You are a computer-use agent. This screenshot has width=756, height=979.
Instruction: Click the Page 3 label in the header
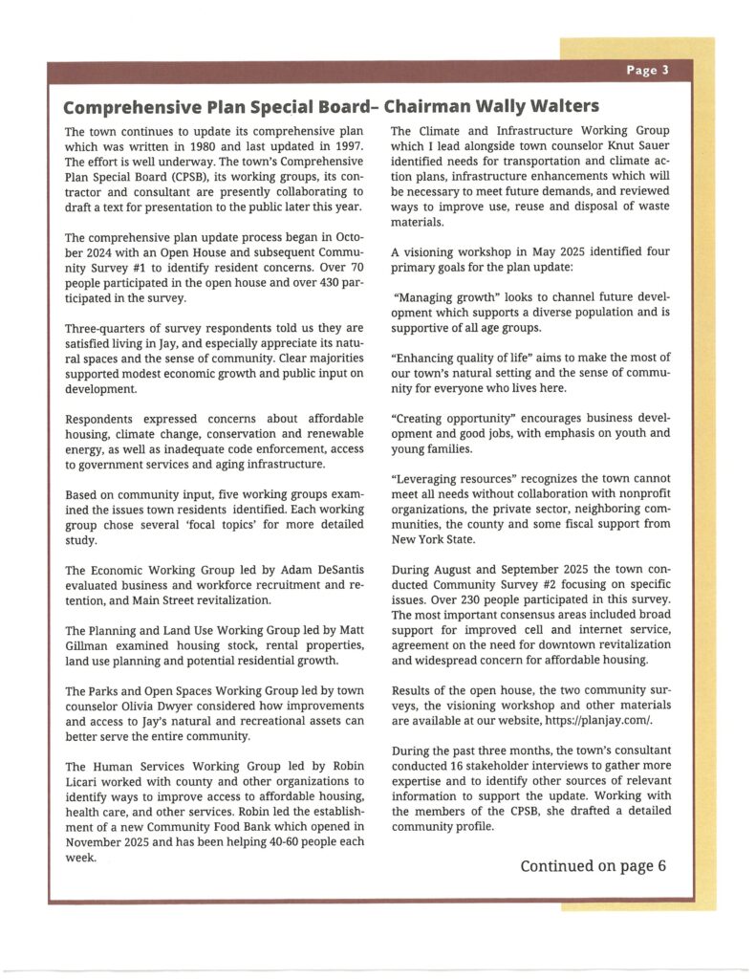pos(647,71)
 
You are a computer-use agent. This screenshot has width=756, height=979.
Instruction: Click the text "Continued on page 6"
pos(593,866)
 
